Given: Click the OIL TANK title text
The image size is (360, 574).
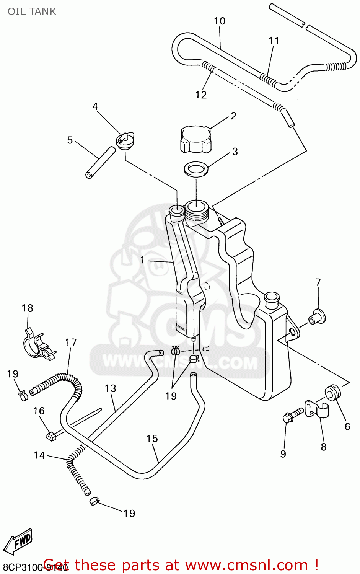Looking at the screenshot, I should click(32, 11).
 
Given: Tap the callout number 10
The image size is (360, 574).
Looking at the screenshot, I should click(220, 21).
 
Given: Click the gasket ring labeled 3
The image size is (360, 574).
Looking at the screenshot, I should click(196, 168).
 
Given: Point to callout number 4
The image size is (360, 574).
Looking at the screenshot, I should click(95, 106).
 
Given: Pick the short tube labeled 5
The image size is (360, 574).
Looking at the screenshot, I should click(100, 163).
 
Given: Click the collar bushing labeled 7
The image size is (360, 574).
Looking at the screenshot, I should click(317, 317).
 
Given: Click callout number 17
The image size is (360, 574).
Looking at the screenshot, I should click(71, 342).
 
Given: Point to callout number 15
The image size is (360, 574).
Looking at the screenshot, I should click(152, 439).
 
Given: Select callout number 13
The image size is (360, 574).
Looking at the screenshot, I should click(110, 388).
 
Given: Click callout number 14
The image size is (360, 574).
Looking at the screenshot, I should click(39, 455).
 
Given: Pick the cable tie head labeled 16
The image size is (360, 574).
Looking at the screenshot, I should click(50, 435).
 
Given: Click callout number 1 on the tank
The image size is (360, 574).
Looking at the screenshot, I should click(142, 260).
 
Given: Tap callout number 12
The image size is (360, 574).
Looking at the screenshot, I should click(201, 95).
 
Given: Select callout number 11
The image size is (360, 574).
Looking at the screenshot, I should click(274, 41).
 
